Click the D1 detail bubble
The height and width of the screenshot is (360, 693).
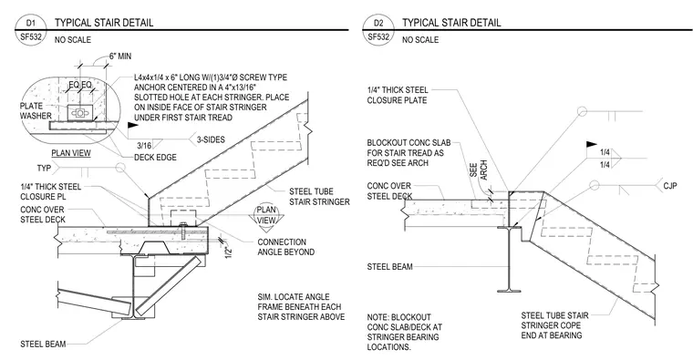click(30, 30)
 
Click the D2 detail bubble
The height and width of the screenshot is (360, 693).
click(378, 30)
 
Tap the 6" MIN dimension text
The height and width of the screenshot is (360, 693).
click(119, 57)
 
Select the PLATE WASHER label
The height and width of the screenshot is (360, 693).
click(35, 111)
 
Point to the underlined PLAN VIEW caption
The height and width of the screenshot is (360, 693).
click(71, 153)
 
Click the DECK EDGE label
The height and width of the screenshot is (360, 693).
click(155, 158)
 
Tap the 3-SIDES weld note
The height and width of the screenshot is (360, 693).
click(211, 139)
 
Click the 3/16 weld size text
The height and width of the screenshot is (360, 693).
click(144, 145)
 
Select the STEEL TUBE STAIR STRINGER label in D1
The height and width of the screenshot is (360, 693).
click(319, 197)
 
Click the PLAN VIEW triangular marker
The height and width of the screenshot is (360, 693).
click(266, 216)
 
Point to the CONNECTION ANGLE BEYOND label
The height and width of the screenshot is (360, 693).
click(286, 247)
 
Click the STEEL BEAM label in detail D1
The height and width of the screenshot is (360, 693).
click(43, 345)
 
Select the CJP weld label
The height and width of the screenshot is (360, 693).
click(670, 186)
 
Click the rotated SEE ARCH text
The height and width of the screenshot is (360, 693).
click(478, 170)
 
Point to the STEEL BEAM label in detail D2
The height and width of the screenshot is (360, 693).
click(390, 267)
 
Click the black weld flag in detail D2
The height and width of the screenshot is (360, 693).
click(592, 145)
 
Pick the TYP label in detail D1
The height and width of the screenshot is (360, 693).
click(44, 169)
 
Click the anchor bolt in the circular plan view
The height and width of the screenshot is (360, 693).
click(79, 113)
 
